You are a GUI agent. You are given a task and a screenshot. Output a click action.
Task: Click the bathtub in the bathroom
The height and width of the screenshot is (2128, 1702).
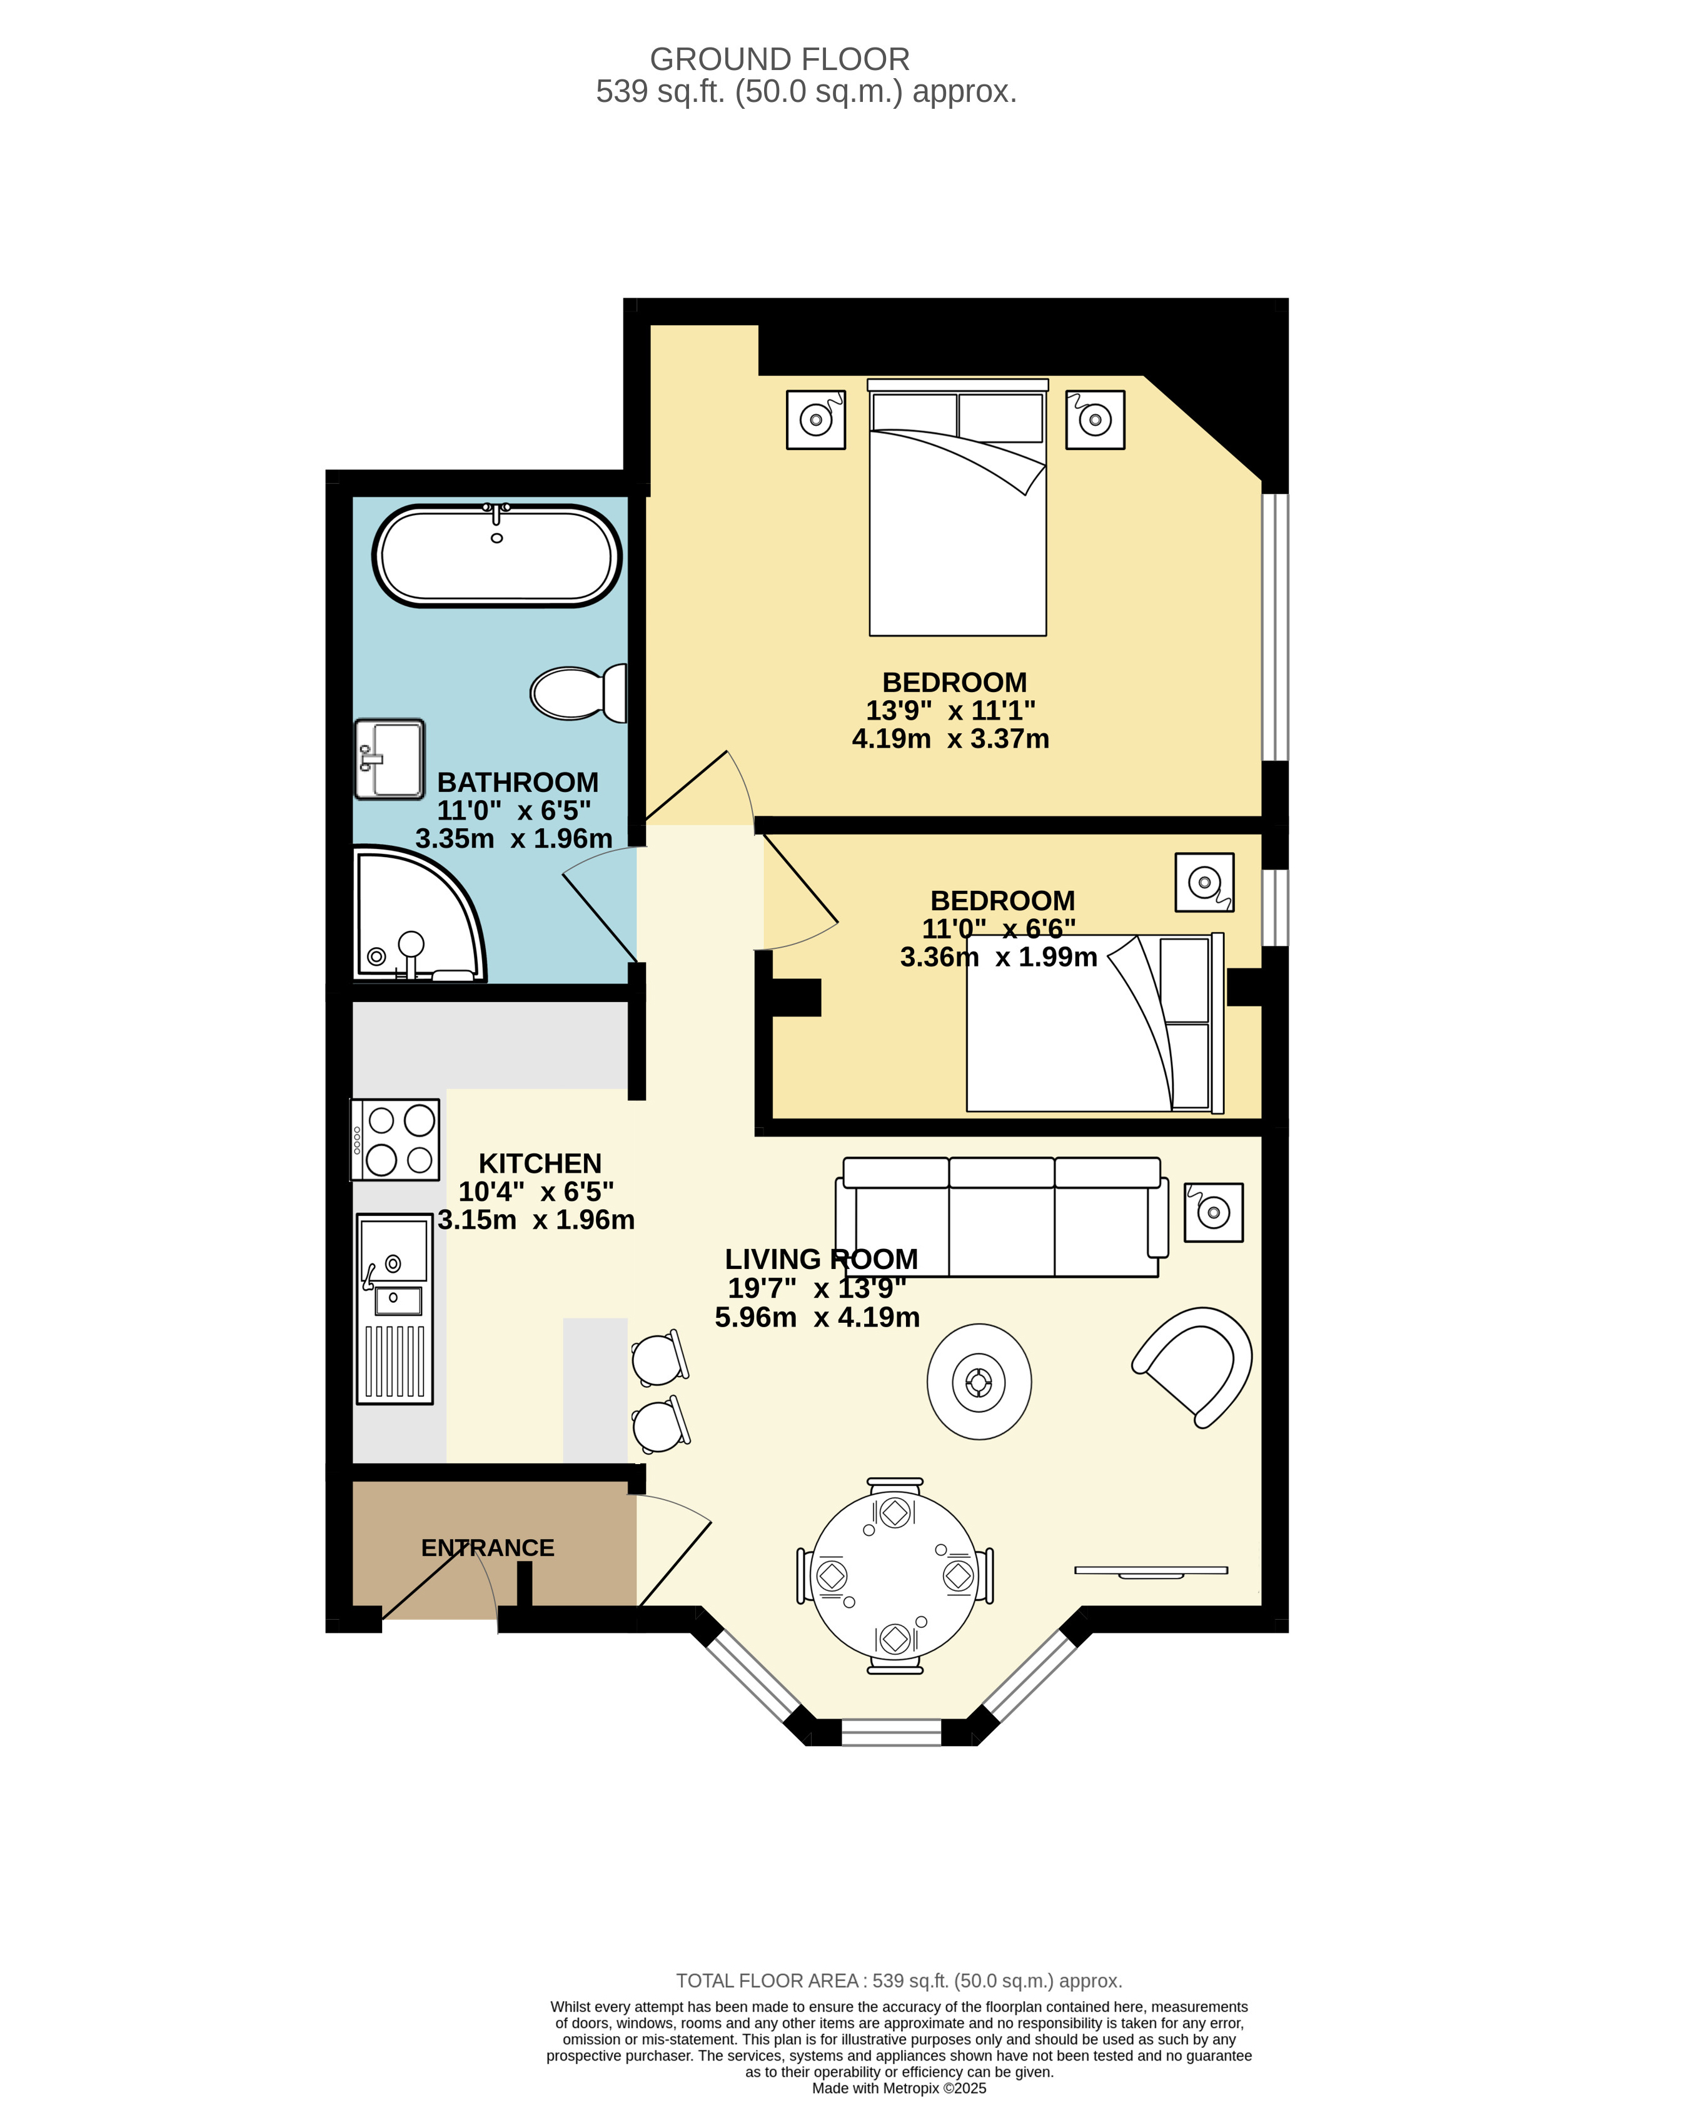[496, 556]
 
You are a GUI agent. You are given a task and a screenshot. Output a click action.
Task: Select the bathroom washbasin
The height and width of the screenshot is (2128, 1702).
[390, 759]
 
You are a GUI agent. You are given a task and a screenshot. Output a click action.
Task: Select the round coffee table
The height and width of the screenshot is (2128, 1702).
[979, 1382]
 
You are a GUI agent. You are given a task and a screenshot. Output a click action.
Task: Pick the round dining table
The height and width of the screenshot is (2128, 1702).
[894, 1575]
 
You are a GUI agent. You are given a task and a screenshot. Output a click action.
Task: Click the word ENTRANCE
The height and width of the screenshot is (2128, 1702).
[488, 1548]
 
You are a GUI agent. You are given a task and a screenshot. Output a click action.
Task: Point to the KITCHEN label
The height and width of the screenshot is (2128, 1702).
[540, 1163]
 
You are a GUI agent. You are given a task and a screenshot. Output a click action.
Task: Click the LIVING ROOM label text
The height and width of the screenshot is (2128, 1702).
[822, 1260]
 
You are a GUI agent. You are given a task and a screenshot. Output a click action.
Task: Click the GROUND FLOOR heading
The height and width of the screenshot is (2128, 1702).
[780, 59]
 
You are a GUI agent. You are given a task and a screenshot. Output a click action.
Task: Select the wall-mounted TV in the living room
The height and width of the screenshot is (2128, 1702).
[1151, 1570]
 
